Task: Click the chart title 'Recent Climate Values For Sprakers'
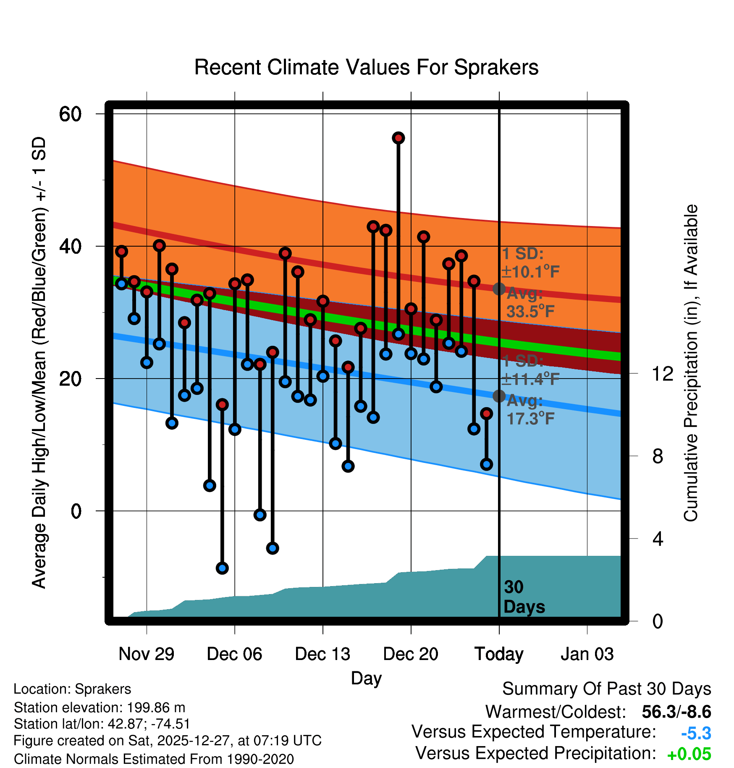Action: tap(366, 68)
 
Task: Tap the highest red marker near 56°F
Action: tap(398, 138)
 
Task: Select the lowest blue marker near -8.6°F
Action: tap(222, 568)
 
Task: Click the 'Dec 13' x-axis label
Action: tap(322, 654)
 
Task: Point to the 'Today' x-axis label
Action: tap(499, 654)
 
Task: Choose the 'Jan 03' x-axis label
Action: tap(587, 654)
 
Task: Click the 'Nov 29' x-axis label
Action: tap(147, 654)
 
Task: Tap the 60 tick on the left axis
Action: tap(70, 114)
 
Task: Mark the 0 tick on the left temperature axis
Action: tap(76, 511)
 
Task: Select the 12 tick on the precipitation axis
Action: tap(662, 373)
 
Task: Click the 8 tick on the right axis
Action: tap(658, 456)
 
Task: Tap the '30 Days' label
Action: tap(524, 597)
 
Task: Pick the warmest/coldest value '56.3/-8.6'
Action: tap(676, 712)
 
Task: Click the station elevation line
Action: tap(100, 708)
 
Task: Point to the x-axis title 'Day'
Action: tap(366, 678)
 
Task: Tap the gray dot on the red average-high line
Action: tap(499, 289)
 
